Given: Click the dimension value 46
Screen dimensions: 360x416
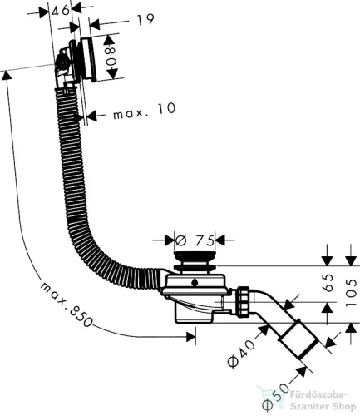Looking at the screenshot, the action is (61, 11).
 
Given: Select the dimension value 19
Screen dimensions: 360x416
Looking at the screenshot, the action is (145, 19).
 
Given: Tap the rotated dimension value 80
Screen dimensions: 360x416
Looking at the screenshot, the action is (111, 57).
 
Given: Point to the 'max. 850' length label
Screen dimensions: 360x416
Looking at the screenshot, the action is (66, 305).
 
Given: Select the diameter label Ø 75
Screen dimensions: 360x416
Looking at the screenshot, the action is (195, 240).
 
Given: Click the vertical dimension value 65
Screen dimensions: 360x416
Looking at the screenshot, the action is (328, 283).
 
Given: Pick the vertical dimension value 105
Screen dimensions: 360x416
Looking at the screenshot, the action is (351, 292).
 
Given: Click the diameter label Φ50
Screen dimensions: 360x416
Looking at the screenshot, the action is (275, 397).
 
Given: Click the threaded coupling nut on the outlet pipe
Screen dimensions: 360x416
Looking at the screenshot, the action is (243, 301).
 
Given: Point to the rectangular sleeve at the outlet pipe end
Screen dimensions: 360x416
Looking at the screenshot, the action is (299, 339).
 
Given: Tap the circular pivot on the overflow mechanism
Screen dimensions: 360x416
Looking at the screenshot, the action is (62, 63).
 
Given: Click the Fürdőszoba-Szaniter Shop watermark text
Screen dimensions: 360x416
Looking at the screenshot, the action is (323, 401).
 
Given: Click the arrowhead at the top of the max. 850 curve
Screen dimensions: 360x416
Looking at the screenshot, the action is (7, 76).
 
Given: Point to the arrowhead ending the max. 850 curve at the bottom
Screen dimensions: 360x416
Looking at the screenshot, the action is (191, 337).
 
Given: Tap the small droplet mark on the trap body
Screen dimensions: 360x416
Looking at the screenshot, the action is (195, 283).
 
